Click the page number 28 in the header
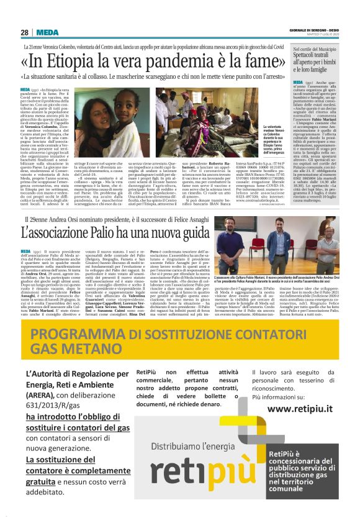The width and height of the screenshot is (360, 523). click(x=24, y=32)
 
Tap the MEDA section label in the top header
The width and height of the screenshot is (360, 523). click(x=47, y=32)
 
